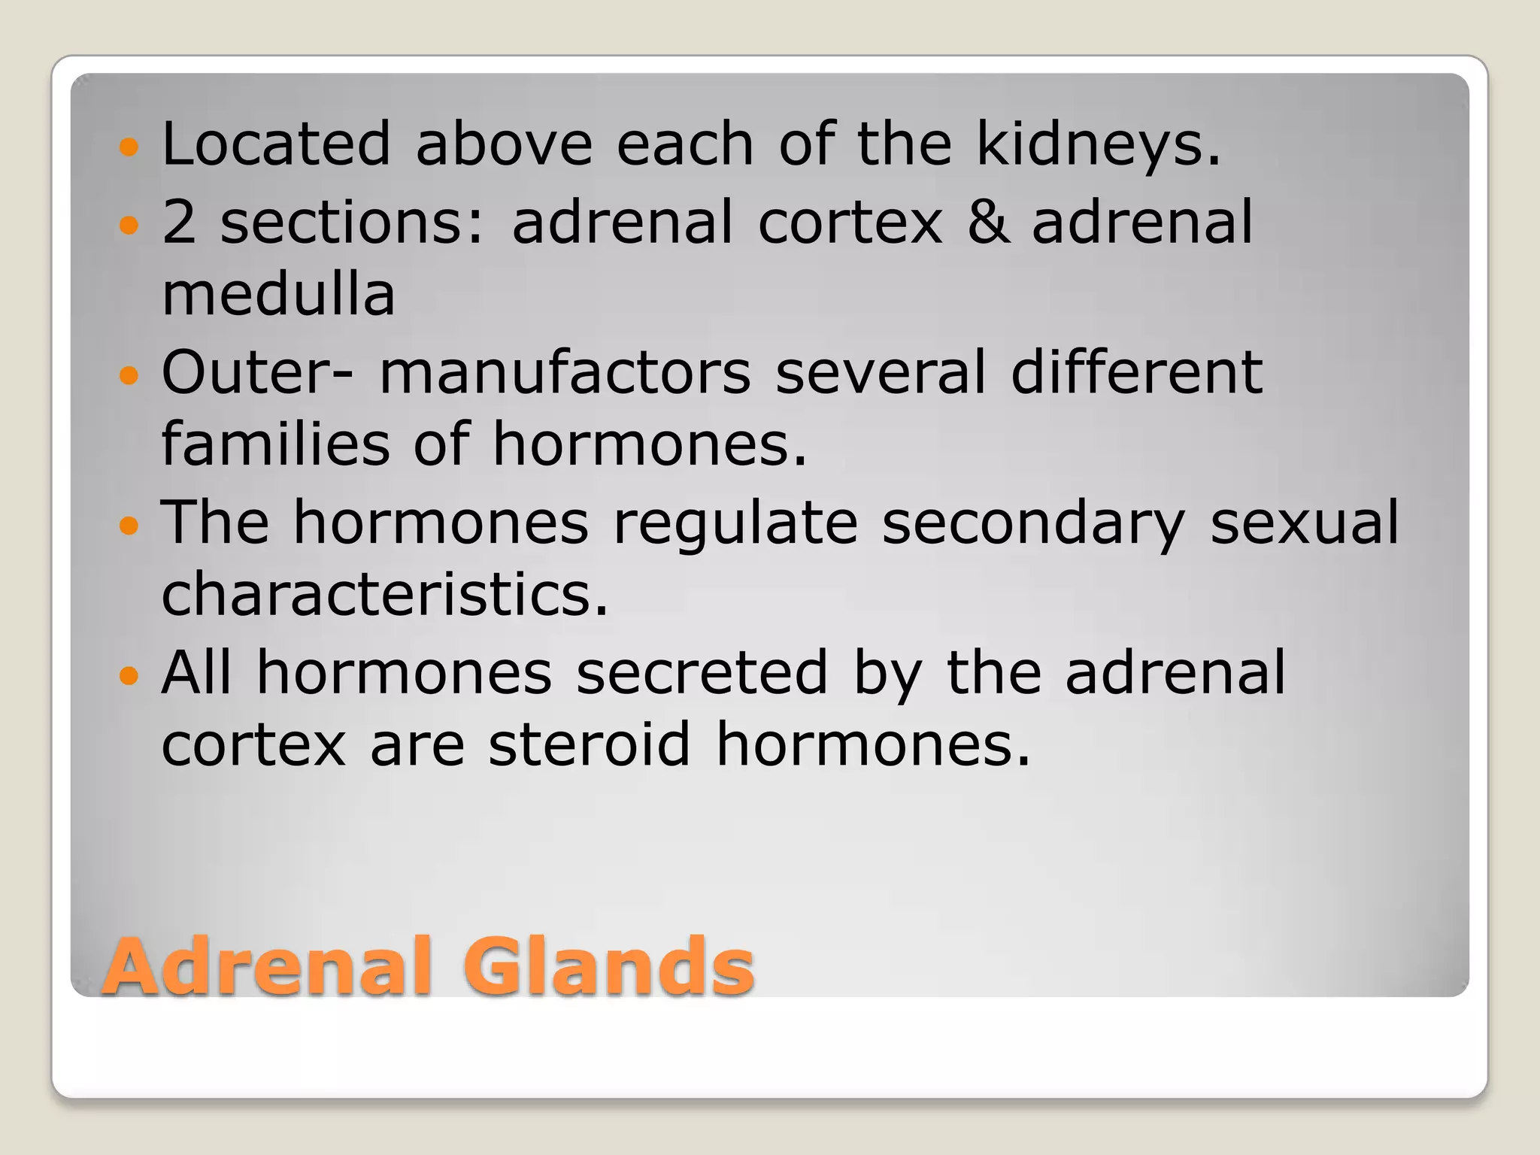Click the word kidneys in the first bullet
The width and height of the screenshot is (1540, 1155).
(x=1098, y=144)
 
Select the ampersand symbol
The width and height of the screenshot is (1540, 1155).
(x=987, y=222)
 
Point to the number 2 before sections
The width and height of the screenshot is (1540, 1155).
(x=179, y=222)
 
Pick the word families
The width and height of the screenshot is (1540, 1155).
(x=276, y=444)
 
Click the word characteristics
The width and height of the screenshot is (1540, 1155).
(x=384, y=594)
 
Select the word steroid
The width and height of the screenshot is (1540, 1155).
(x=589, y=744)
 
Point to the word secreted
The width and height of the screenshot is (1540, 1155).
(x=702, y=672)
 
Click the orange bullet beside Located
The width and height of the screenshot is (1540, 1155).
(x=129, y=146)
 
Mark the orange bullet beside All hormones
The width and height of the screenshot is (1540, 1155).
(x=129, y=675)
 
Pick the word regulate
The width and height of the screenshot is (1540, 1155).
(x=735, y=523)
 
